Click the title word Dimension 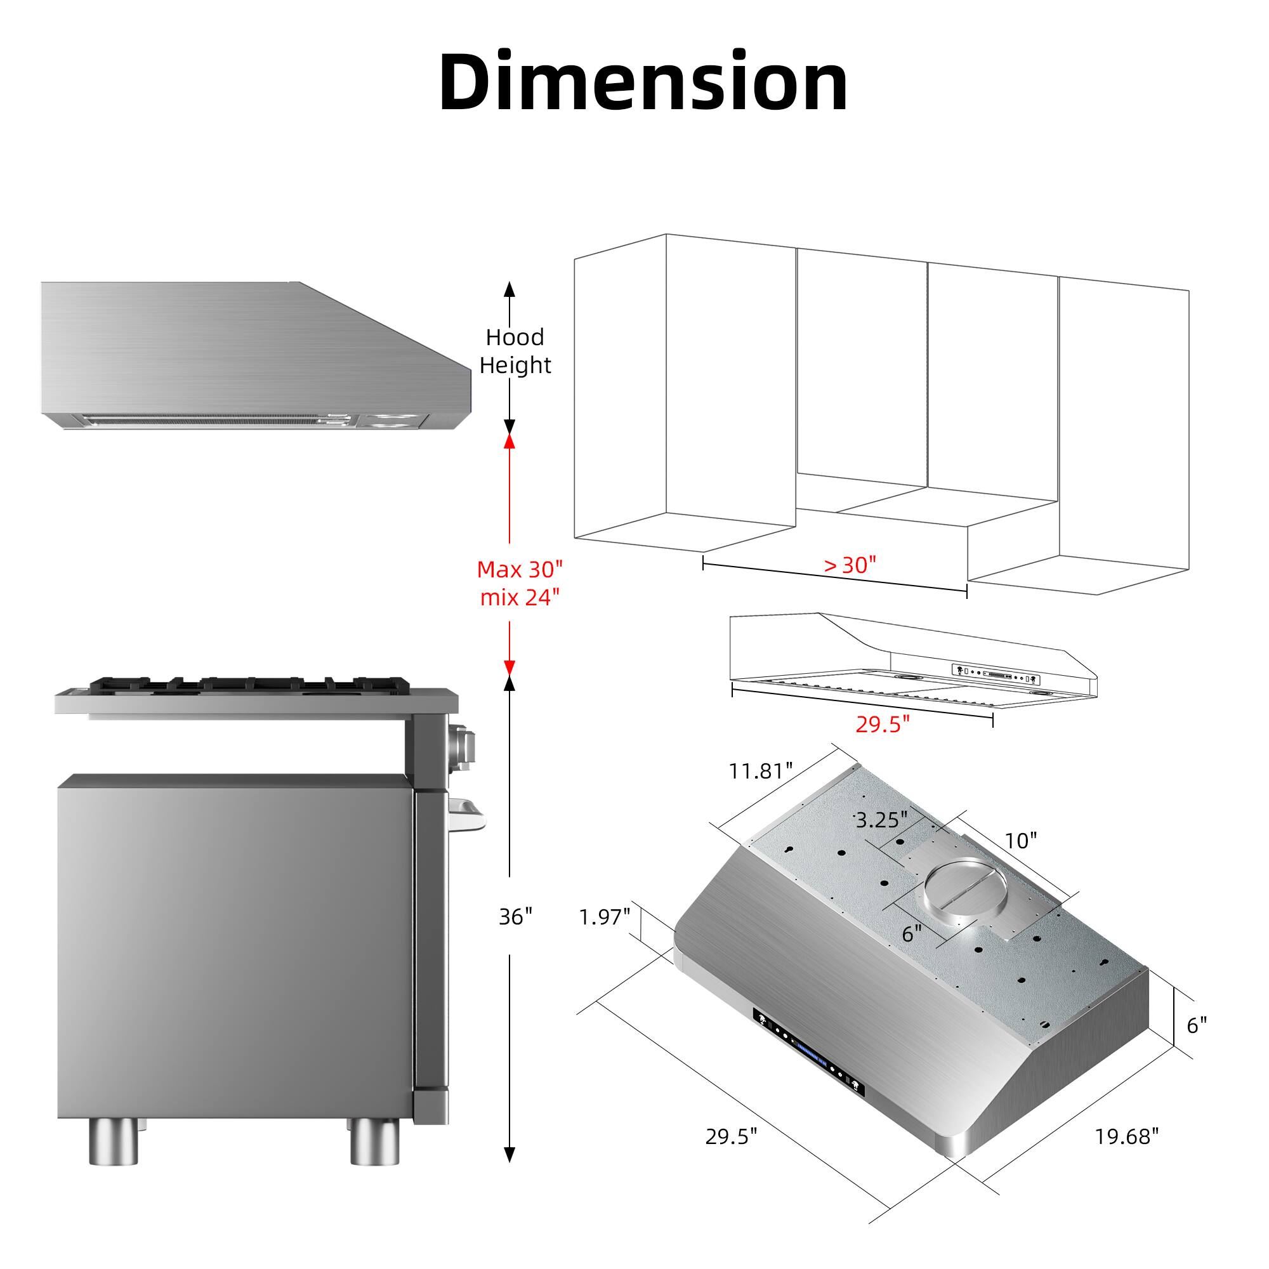tap(643, 82)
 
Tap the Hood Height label tap(515, 351)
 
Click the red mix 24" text tap(520, 597)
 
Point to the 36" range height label tap(516, 917)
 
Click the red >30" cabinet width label tap(850, 565)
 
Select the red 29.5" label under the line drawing tap(882, 725)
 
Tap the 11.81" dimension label tap(761, 771)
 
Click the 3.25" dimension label tap(881, 820)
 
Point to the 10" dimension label tap(1021, 841)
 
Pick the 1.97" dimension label tap(604, 917)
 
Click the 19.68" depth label tap(1126, 1137)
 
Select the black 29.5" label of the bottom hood tap(731, 1137)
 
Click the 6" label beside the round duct tap(912, 933)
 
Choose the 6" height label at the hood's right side tap(1197, 1025)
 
